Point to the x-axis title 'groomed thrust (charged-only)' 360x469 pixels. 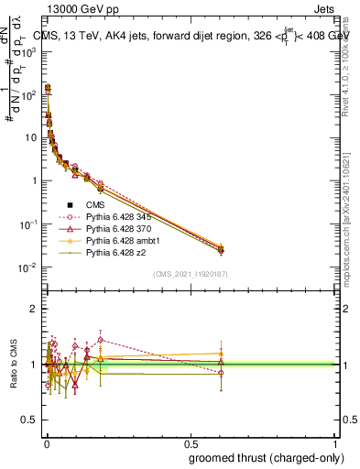tap(261, 457)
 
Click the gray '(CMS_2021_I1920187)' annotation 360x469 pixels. tap(190, 274)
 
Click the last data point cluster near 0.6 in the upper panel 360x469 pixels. tap(221, 248)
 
